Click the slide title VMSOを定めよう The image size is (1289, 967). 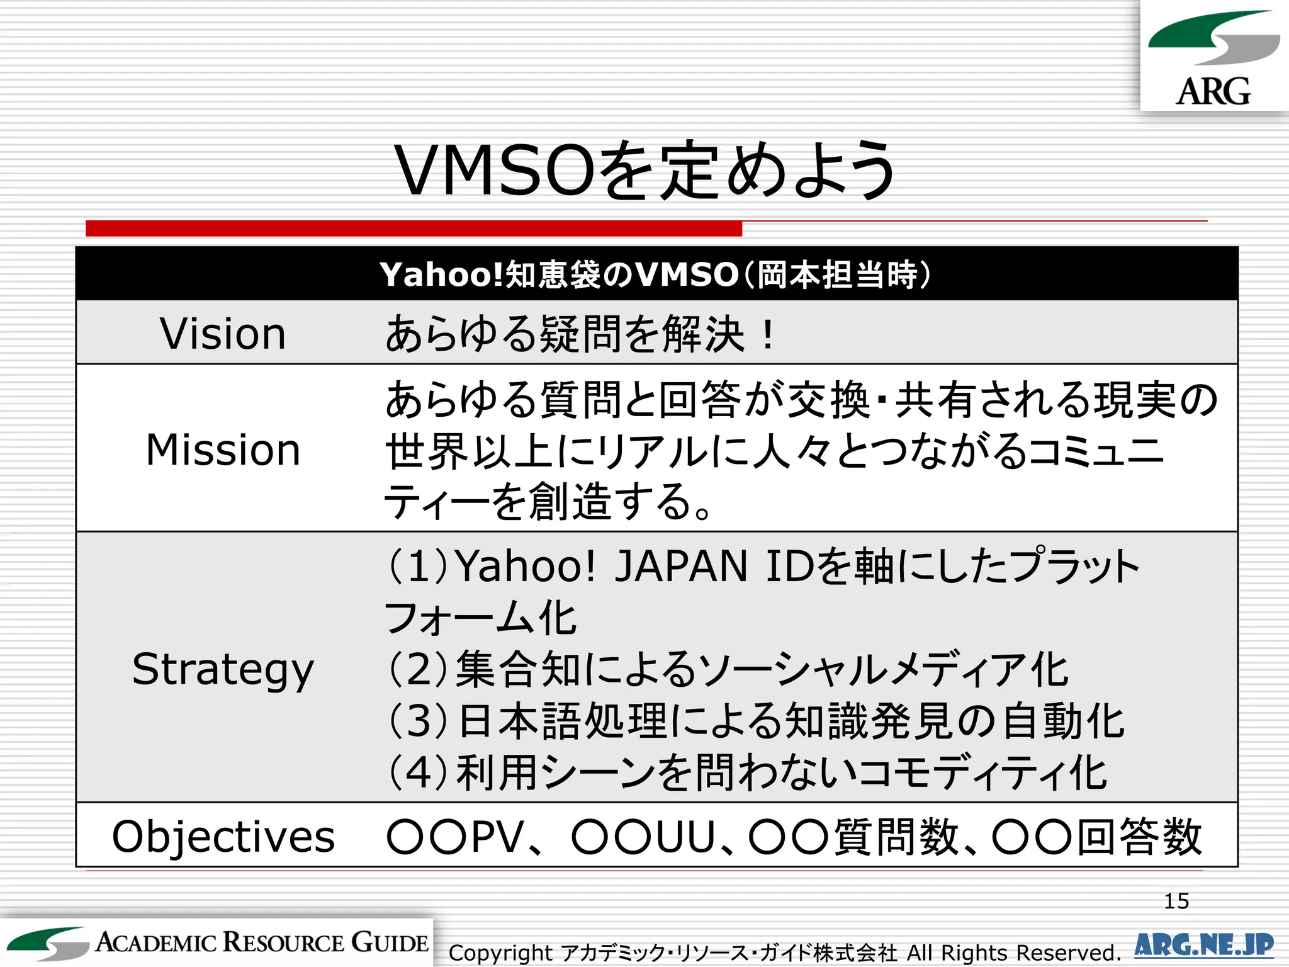(x=644, y=170)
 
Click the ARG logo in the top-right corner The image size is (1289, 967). (x=1213, y=57)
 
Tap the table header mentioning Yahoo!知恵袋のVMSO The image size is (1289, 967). (x=655, y=274)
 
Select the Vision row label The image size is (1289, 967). (x=223, y=333)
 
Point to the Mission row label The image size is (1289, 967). (x=223, y=450)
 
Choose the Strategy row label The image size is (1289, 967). (x=223, y=669)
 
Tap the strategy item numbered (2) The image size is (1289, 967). (x=727, y=669)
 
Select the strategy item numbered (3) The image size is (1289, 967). (x=755, y=721)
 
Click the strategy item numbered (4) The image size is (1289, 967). (x=746, y=772)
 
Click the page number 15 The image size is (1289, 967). (x=1176, y=901)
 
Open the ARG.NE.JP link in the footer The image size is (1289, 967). (x=1203, y=945)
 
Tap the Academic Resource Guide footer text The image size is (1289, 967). (x=262, y=942)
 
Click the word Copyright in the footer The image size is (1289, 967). (x=500, y=953)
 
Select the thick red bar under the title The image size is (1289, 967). (x=414, y=228)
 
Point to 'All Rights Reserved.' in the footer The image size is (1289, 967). (x=1013, y=953)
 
